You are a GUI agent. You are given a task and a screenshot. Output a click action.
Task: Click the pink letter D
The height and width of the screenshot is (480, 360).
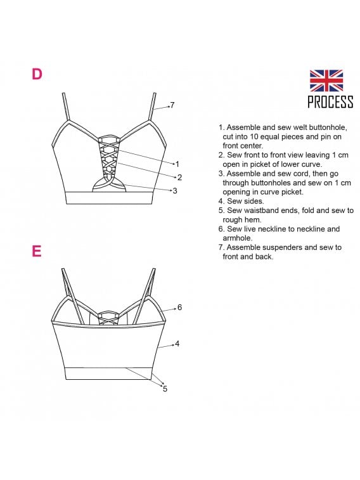tap(37, 74)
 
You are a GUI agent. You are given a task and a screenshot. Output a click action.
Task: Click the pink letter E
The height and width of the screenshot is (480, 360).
tap(36, 251)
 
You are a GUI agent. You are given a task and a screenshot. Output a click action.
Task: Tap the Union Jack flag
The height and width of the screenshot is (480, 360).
tap(326, 81)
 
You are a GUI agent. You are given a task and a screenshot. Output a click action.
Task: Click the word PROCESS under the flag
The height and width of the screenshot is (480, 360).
tap(330, 102)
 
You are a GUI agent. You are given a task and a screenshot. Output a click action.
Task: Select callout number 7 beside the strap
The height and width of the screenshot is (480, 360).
tap(172, 105)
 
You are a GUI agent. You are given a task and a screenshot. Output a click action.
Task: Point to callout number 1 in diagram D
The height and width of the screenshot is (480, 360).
tap(177, 164)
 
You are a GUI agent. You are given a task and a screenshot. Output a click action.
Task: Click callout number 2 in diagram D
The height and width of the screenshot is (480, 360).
tap(179, 178)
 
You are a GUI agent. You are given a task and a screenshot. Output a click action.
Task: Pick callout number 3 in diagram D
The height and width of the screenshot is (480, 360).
tap(175, 191)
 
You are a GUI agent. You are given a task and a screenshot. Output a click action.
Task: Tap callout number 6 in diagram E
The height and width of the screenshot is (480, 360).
tap(179, 307)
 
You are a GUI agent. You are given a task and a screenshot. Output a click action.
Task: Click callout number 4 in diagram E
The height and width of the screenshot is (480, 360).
tap(177, 344)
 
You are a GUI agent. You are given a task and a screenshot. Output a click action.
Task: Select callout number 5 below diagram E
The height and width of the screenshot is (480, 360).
tap(165, 389)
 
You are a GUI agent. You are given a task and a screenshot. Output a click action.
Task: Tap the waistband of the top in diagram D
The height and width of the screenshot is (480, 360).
tap(109, 198)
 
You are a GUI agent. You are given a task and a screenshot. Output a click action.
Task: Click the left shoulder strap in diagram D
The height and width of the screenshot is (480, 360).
tap(66, 107)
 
